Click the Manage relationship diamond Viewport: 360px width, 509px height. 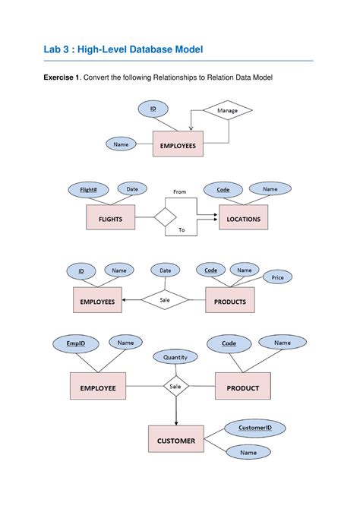coord(227,111)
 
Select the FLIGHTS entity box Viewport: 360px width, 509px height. coord(109,219)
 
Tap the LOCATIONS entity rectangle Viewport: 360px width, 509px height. coord(243,219)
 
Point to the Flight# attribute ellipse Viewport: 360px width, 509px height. coord(88,189)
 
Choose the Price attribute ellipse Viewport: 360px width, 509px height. coord(277,278)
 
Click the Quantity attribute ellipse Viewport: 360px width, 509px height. coord(175,356)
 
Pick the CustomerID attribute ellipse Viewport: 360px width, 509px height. coord(250,428)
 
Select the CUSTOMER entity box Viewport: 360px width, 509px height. coord(175,441)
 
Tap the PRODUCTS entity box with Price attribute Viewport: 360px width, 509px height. coord(230,302)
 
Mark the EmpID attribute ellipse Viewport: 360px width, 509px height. coord(76,344)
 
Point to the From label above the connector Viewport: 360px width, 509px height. coord(179,192)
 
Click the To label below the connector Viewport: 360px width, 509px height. coord(182,229)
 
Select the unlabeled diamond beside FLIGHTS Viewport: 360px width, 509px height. coord(165,218)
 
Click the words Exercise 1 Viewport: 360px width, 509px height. coord(59,78)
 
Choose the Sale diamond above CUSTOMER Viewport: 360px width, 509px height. coord(175,387)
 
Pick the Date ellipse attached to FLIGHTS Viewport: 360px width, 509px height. coord(132,189)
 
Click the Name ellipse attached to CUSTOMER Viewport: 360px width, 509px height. coord(248,453)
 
